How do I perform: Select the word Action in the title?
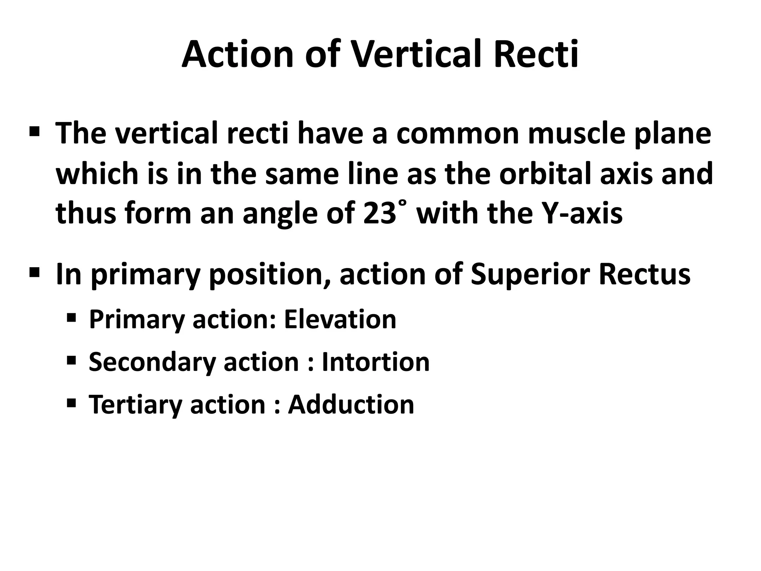(x=240, y=55)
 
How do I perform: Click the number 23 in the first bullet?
(x=379, y=214)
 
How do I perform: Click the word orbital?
(x=546, y=174)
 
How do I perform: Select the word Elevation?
(x=340, y=319)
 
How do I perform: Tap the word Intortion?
(x=375, y=362)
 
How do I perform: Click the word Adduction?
(x=351, y=404)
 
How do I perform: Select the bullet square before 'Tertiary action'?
(x=71, y=403)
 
